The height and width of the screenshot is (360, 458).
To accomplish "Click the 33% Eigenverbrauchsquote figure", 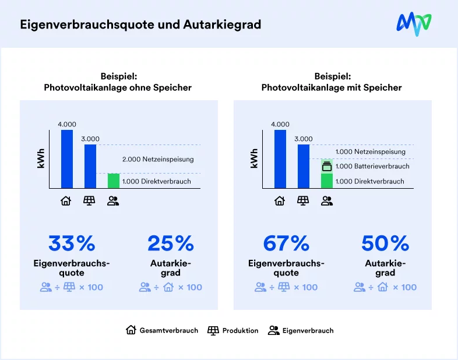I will click(72, 243).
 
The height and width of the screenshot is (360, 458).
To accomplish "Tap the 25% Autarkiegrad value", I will click(170, 243).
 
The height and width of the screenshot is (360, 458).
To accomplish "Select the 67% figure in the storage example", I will click(286, 243).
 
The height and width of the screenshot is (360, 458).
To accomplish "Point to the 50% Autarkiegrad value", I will click(385, 243).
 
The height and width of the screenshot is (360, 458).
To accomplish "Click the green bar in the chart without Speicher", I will click(113, 181).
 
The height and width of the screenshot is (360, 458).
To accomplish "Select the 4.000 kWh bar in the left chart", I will click(67, 158).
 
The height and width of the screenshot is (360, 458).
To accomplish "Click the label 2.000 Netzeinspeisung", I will click(157, 159).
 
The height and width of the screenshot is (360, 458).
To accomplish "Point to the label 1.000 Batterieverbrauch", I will click(372, 167).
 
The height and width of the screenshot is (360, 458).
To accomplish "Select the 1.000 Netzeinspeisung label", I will click(371, 151).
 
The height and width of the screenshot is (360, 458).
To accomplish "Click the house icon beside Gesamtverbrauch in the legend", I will click(131, 330).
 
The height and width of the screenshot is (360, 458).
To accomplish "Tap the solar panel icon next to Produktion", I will click(213, 330).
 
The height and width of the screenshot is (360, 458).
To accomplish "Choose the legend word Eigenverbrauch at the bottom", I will click(308, 330).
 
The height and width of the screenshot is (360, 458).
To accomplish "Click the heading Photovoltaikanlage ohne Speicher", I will click(118, 88).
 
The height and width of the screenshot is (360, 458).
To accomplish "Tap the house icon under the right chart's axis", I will click(280, 201).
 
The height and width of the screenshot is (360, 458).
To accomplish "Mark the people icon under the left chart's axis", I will click(113, 201).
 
